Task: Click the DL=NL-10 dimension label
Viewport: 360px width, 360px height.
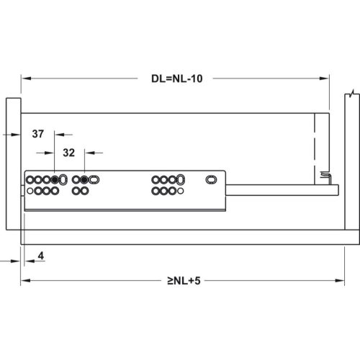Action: (x=177, y=78)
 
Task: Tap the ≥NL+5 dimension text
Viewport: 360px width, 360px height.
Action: (x=184, y=281)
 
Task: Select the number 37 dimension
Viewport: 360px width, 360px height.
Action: (x=38, y=134)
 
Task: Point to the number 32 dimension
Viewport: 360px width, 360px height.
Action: (x=69, y=153)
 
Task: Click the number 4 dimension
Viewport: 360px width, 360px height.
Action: (x=41, y=256)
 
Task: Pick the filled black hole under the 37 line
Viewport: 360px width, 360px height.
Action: (x=55, y=179)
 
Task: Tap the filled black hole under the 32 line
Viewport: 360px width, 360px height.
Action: (x=84, y=179)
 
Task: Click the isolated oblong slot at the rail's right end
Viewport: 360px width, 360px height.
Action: (x=211, y=179)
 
